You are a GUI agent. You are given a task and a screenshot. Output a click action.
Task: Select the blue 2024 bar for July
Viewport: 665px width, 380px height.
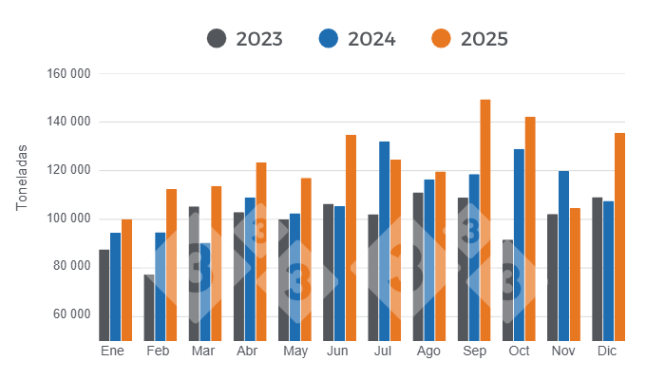(x=385, y=241)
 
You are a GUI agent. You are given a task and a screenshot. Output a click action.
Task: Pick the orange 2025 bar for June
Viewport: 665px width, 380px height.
(x=351, y=237)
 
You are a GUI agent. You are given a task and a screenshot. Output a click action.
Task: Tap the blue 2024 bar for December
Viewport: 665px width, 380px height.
(x=608, y=271)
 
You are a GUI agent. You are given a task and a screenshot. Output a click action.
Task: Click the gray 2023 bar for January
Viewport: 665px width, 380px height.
(x=104, y=295)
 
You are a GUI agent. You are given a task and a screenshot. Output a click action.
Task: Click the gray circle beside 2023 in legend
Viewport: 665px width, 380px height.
(x=217, y=39)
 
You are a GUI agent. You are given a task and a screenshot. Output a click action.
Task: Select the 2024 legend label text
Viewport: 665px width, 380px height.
(x=371, y=39)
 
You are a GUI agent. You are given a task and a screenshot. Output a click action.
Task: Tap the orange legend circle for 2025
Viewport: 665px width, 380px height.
(x=441, y=39)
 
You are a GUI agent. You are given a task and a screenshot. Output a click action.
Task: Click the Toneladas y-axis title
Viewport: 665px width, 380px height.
(x=22, y=179)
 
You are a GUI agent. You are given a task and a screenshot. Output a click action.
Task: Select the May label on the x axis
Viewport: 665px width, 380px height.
(x=295, y=352)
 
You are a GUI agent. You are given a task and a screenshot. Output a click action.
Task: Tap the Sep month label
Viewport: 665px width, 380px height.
(x=474, y=352)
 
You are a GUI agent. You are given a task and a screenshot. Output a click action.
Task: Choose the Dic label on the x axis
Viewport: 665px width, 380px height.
(x=608, y=352)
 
